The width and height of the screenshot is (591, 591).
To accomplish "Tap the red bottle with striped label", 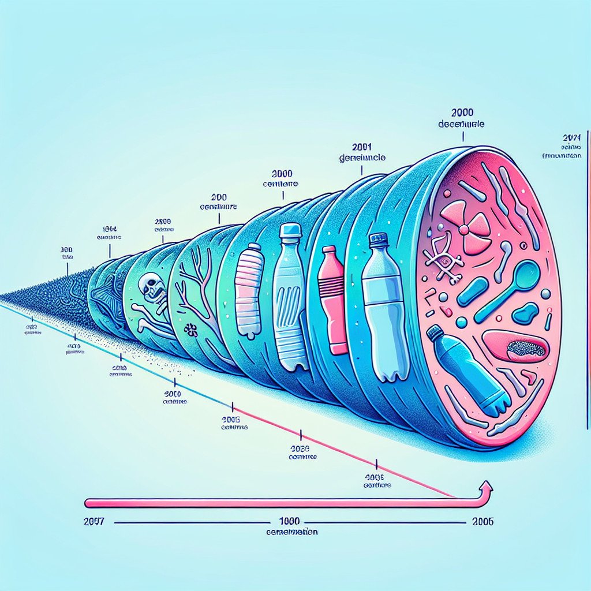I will click(335, 300).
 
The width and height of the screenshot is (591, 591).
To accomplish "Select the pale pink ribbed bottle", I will click(249, 290).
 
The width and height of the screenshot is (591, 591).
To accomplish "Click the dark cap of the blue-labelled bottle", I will click(377, 240).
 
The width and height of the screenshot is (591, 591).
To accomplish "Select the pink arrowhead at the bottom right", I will click(486, 488).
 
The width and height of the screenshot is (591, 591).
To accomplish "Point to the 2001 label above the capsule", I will click(361, 147).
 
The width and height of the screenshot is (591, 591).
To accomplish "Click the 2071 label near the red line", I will click(574, 139).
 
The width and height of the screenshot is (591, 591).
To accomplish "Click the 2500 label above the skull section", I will click(164, 221).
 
